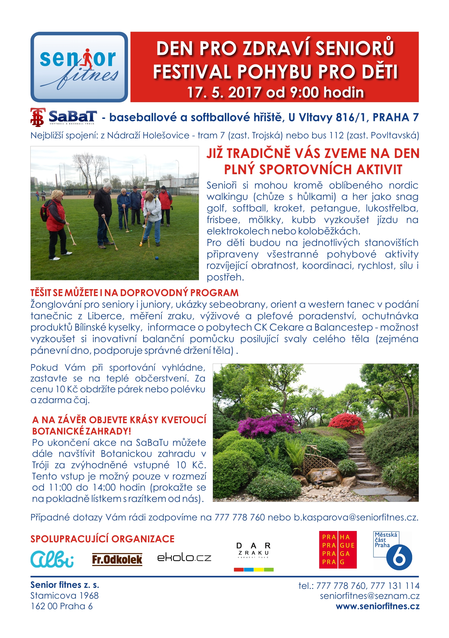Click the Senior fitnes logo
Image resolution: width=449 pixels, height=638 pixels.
click(79, 67)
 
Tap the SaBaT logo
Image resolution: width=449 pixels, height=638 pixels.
click(64, 117)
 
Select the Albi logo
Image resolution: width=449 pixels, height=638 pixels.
click(52, 559)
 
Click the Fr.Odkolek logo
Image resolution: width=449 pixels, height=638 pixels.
click(117, 559)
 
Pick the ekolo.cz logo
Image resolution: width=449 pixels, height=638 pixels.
click(184, 558)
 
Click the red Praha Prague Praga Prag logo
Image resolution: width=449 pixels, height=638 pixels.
click(338, 550)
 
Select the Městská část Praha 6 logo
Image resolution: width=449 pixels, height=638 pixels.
click(392, 550)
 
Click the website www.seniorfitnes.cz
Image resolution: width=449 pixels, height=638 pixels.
click(377, 606)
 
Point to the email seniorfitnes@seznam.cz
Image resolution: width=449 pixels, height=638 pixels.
click(370, 596)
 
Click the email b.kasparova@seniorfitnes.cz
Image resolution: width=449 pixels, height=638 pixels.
click(356, 517)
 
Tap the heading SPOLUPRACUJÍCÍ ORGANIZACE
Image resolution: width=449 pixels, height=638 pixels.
click(102, 539)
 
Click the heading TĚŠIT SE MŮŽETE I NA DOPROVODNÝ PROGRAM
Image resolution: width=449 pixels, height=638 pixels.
click(134, 293)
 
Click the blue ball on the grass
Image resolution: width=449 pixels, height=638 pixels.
click(157, 258)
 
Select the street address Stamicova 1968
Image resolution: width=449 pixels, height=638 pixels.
click(64, 596)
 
